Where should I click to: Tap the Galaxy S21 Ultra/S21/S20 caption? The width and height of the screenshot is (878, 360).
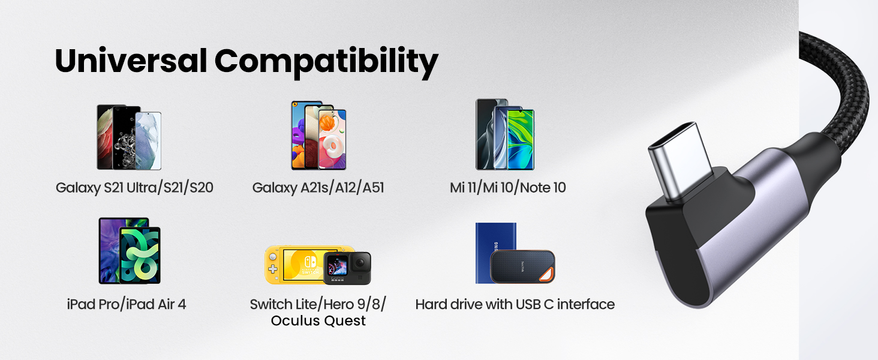tap(134, 188)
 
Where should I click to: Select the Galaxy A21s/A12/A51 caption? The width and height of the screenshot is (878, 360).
tap(318, 188)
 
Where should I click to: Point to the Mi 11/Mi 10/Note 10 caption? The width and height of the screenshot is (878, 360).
tap(507, 188)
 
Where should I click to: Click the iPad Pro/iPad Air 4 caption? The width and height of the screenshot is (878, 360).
tap(127, 304)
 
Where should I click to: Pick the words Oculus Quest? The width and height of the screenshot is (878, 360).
tap(318, 321)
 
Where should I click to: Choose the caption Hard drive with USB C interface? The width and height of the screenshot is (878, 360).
tap(515, 304)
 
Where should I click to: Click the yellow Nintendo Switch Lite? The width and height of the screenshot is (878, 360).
tap(294, 264)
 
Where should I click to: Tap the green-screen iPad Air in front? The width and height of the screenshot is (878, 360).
tap(140, 255)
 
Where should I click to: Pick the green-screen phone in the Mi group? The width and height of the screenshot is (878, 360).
tap(520, 139)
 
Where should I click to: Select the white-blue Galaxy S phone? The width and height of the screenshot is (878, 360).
tap(148, 140)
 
